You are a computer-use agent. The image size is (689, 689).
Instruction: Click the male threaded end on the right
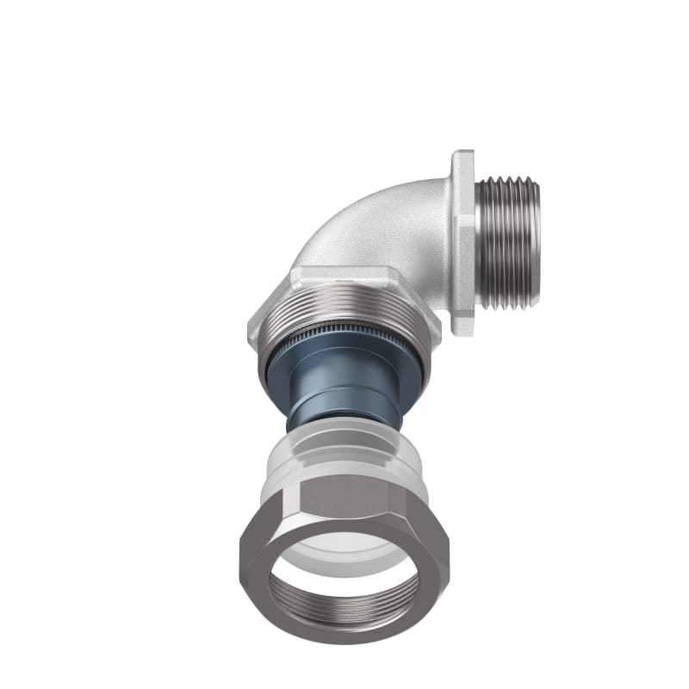[x=510, y=243]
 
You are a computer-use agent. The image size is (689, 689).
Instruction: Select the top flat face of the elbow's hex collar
[x=344, y=277]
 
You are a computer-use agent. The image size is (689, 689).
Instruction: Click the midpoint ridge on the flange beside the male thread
[x=465, y=243]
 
